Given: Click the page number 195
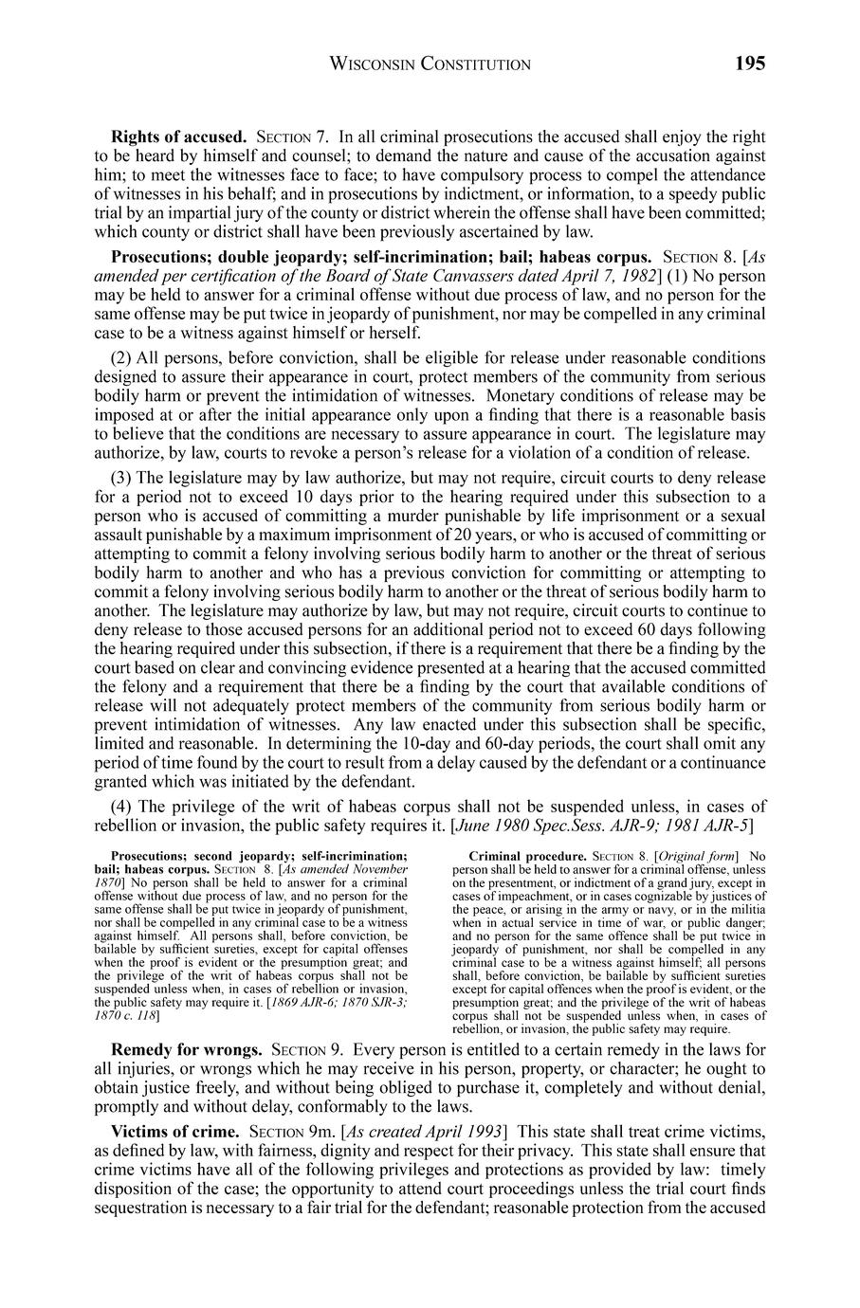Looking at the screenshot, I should [x=748, y=64].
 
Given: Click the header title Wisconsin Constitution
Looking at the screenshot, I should [x=430, y=64].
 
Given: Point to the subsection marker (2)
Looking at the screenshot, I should [x=122, y=358].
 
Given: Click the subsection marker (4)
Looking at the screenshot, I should [x=122, y=806].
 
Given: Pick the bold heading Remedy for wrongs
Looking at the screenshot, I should [x=187, y=1050].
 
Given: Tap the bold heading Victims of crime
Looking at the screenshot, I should [x=175, y=1132].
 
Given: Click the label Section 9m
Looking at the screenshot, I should [x=288, y=1132].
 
